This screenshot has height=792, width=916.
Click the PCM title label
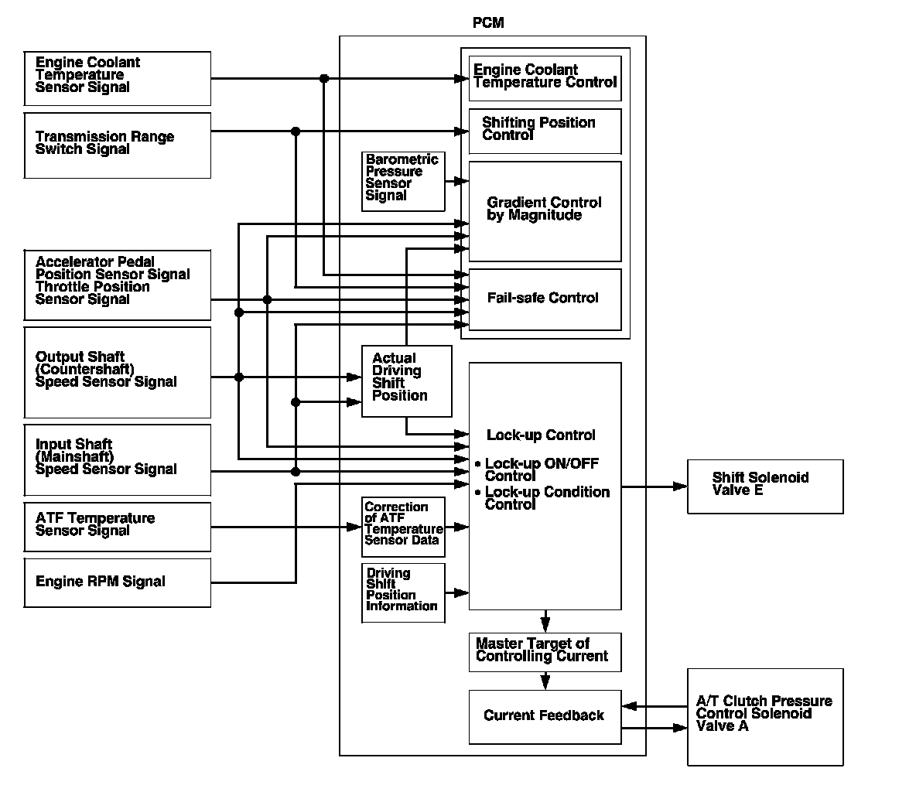488,23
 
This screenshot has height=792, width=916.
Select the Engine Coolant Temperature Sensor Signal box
118,78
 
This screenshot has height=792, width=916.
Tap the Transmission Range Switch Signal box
118,145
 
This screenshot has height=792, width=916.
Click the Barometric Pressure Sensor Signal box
403,182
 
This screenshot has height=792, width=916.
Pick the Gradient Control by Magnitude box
545,210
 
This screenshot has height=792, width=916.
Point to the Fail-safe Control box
545,299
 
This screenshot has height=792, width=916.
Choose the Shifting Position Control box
545,131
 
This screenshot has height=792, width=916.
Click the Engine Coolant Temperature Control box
545,78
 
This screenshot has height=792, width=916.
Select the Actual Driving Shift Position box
407,381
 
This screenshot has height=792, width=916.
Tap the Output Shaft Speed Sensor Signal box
118,372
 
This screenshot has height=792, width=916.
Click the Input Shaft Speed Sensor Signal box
118,459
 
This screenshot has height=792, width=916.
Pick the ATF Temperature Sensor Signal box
118,527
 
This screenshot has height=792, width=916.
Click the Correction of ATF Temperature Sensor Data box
403,527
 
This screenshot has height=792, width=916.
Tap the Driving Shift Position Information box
403,592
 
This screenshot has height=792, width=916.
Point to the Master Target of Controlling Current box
545,652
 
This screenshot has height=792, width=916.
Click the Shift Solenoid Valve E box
765,486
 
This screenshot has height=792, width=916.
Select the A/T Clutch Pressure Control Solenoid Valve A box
765,716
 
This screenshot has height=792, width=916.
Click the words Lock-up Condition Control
547,499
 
